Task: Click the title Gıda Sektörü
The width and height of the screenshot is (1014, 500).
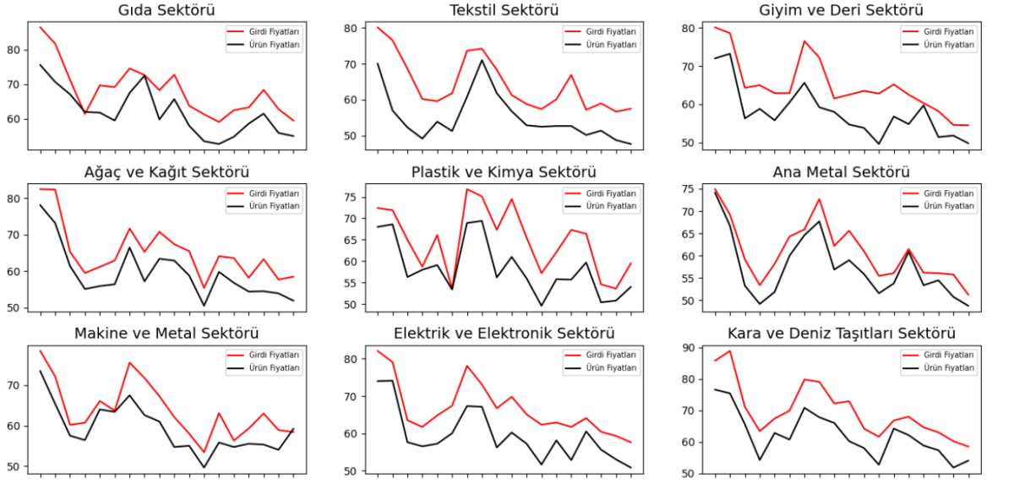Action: click(x=166, y=10)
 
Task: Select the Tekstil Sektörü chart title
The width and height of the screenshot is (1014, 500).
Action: click(x=504, y=10)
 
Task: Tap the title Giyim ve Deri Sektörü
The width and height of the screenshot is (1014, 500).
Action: click(x=841, y=10)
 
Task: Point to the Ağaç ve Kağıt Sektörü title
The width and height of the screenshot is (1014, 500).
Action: click(x=166, y=172)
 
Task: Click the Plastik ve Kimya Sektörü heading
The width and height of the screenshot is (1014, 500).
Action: click(x=504, y=172)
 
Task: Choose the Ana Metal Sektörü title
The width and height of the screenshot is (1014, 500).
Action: click(x=841, y=172)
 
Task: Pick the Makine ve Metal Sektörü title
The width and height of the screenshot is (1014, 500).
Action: click(x=166, y=334)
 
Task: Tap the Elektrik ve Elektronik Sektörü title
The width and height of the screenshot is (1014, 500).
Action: click(x=504, y=334)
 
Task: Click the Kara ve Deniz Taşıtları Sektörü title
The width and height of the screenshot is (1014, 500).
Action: click(x=841, y=334)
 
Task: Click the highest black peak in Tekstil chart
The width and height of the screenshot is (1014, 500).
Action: click(x=482, y=60)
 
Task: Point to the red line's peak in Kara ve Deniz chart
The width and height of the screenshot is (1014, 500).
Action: click(x=729, y=351)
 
